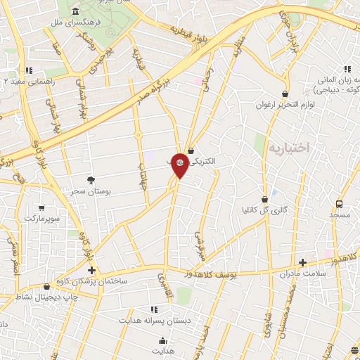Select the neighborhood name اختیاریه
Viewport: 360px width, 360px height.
[x=289, y=149]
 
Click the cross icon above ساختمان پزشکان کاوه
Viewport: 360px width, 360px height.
[x=90, y=270]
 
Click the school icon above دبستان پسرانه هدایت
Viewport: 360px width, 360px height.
[x=154, y=309]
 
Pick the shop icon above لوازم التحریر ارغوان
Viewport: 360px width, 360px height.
[x=284, y=94]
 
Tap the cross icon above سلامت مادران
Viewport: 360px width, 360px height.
[x=303, y=262]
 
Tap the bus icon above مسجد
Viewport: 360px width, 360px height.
[x=340, y=203]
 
